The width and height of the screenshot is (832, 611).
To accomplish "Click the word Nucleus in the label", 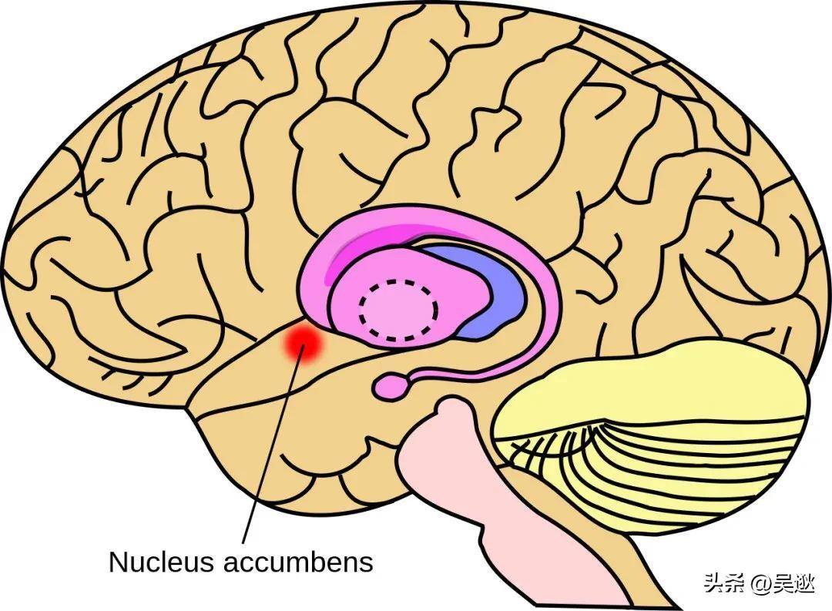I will (160, 561).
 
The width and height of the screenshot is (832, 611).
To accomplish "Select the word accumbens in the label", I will (297, 561).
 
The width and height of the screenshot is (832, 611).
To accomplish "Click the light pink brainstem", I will (447, 462).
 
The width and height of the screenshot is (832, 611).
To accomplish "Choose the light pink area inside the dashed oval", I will (398, 310).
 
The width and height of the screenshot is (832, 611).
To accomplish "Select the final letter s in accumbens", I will (367, 562).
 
